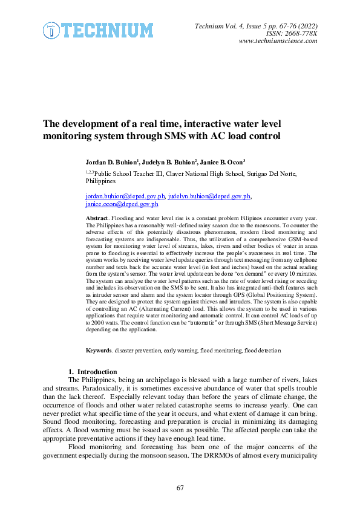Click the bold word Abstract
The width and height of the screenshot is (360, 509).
97,217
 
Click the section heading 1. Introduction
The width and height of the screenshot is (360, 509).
93,371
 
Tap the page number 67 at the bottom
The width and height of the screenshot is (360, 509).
180,487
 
